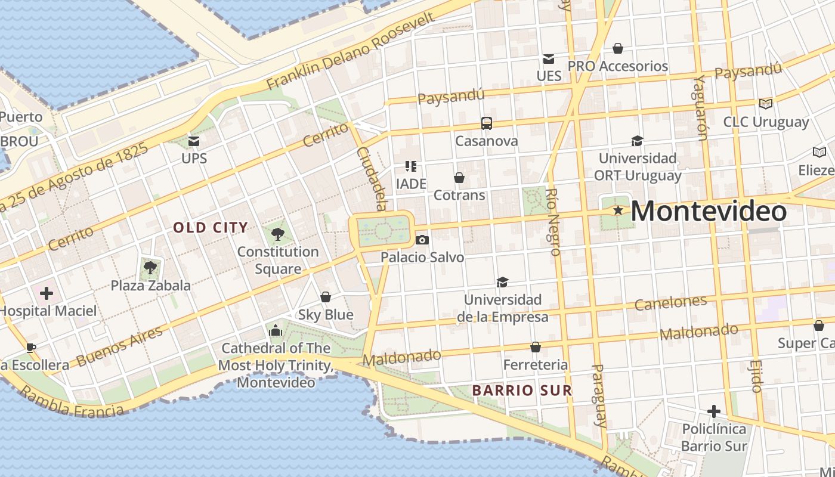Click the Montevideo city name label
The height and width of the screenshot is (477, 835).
[708, 212]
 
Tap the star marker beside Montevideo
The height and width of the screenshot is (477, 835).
[618, 210]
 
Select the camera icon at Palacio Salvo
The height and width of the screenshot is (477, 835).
[422, 240]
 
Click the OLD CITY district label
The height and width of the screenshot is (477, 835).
[210, 227]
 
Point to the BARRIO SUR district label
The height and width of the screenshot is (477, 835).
[522, 391]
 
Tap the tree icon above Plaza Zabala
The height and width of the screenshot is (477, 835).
[150, 267]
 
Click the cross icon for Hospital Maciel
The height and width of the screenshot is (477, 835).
[47, 293]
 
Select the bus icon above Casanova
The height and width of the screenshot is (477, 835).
[487, 123]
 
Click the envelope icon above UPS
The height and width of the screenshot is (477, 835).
[194, 141]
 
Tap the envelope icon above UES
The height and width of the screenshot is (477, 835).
[548, 58]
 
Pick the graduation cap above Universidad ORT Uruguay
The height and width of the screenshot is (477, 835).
[637, 141]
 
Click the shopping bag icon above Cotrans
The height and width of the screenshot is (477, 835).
[459, 178]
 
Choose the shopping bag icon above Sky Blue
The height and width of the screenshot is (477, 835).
[326, 297]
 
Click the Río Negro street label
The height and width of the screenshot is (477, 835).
[553, 222]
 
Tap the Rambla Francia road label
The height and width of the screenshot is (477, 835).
[72, 402]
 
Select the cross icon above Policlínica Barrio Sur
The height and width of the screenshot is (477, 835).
[713, 411]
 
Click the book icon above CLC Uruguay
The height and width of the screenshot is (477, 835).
[766, 104]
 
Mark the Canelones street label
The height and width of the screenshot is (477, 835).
[670, 303]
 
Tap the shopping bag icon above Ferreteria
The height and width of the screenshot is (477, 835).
[536, 347]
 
